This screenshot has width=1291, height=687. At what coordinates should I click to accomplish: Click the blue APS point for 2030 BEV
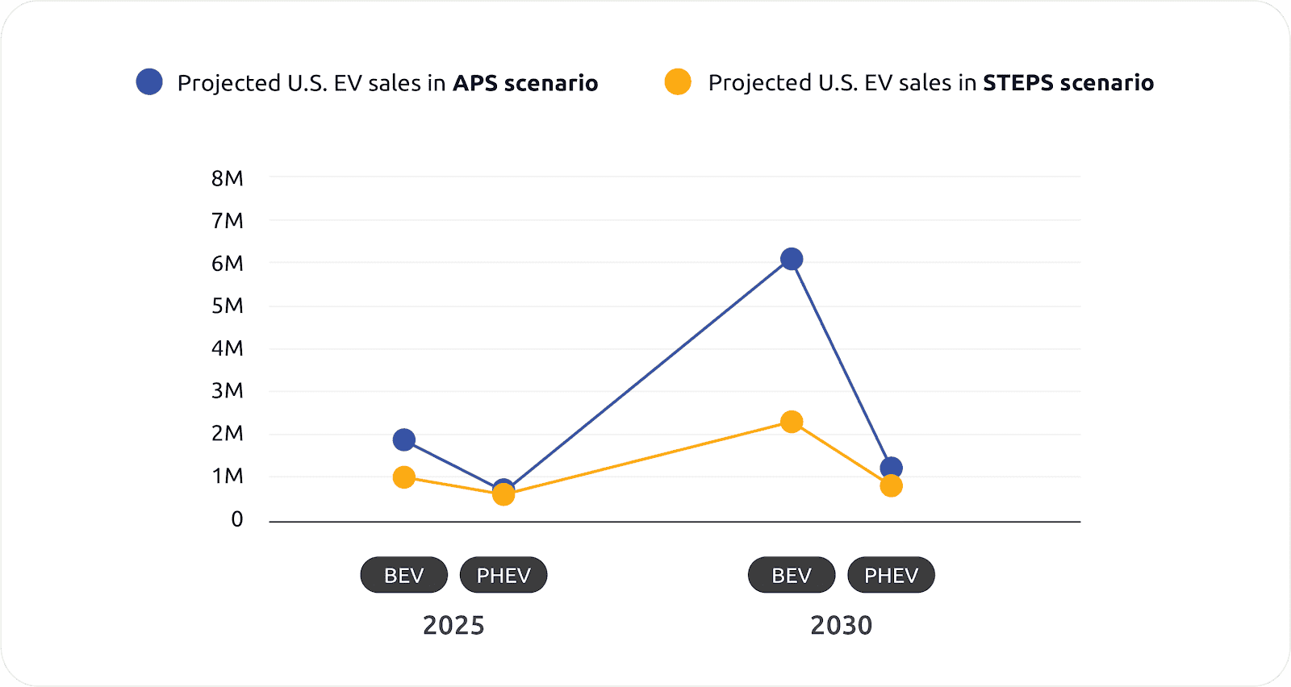coord(792,259)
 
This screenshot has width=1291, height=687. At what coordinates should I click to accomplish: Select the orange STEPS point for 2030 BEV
coord(792,422)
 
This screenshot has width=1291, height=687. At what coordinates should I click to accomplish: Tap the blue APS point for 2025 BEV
coord(404,439)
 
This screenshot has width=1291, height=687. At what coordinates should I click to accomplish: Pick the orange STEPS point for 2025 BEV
coord(404,477)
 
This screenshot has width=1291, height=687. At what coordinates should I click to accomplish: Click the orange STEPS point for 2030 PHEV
coord(891,486)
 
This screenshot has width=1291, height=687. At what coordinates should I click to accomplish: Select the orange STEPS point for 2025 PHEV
coord(503,494)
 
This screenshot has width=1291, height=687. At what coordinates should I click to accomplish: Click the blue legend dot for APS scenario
coord(149,82)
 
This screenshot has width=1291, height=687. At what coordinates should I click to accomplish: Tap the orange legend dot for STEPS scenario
coord(678,82)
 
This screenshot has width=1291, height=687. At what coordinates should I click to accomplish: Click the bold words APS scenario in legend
coord(525,83)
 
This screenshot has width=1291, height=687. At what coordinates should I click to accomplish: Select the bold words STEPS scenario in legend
coord(1068,83)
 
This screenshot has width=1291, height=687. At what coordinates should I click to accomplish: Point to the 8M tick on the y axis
coord(228,178)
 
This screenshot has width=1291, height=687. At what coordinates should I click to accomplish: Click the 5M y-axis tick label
coord(228,306)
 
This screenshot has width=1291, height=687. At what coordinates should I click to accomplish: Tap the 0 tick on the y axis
coord(237,519)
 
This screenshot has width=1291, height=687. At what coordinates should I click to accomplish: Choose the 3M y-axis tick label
coord(228,391)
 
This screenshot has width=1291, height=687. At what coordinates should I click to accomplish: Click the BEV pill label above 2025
coord(403,575)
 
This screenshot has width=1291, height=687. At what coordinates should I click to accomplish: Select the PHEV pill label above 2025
coord(503,575)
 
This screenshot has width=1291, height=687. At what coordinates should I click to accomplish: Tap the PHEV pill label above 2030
coord(891,575)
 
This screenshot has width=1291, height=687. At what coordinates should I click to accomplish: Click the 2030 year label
coord(841,626)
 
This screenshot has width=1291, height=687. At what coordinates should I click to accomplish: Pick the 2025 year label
coord(453,626)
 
